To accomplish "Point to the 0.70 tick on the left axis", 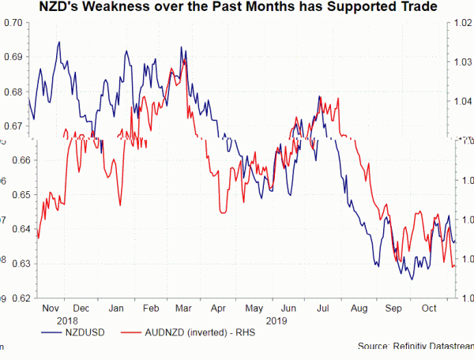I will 11,22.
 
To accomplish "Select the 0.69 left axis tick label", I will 11,57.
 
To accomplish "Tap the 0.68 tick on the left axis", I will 11,92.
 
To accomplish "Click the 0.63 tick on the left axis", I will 11,263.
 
